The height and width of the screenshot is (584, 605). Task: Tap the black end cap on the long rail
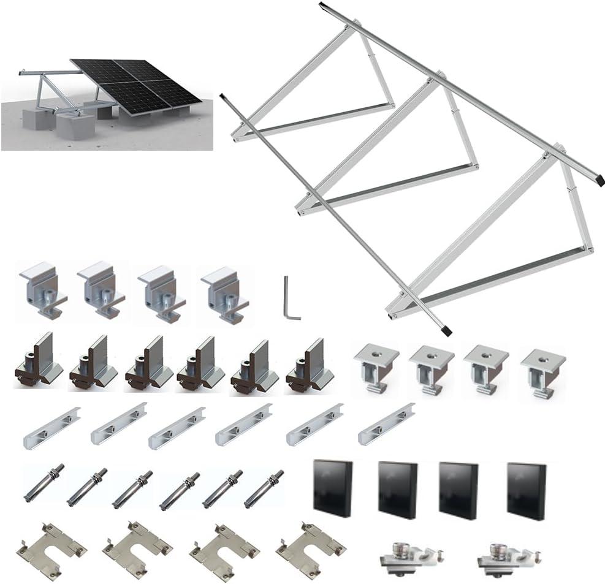446,330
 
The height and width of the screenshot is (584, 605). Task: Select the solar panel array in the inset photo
137,85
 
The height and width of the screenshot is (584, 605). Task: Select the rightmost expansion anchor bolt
264,488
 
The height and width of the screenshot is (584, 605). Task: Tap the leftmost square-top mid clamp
376,366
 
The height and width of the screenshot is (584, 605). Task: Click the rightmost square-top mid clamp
542,371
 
